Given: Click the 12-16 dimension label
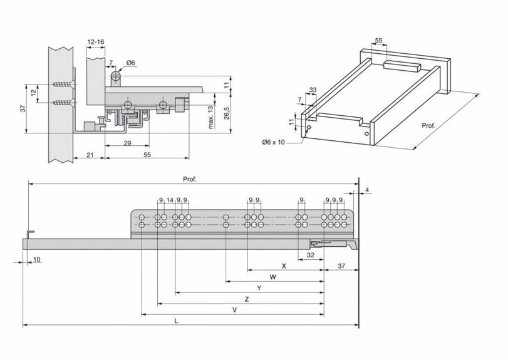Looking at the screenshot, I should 96,41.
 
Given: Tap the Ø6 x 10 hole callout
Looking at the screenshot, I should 273,143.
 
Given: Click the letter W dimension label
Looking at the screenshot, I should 272,277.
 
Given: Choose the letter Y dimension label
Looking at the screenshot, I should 259,288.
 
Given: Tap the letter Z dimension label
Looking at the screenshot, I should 247,299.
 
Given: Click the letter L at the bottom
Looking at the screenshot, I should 177,321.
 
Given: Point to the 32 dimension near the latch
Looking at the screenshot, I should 311,255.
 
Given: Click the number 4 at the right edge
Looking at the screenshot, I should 368,190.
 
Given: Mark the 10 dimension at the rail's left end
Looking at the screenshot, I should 37,259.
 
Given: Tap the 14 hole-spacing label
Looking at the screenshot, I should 170,200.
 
